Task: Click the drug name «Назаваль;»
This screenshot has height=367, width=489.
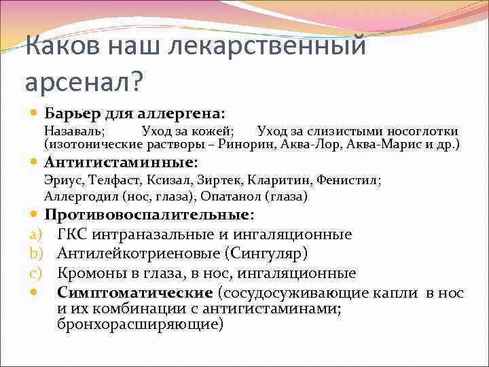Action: [x=74, y=131]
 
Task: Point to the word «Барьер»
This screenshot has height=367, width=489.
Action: [x=74, y=111]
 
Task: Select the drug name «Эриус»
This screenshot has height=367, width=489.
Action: [x=62, y=181]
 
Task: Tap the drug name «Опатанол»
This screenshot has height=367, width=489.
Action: [x=229, y=196]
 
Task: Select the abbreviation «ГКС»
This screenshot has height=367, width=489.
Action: [x=74, y=234]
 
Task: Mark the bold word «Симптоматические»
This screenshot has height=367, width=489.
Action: [x=135, y=294]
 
